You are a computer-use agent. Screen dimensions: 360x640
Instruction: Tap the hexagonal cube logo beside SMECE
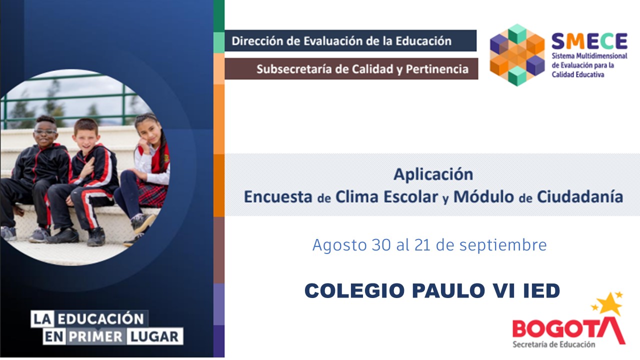point(516,54)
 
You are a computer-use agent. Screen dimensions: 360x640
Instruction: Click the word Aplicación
point(433,174)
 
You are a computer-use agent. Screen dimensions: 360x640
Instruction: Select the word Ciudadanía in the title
point(580,196)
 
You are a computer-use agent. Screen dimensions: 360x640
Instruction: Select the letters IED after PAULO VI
point(542,290)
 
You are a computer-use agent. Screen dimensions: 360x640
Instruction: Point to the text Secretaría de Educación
point(553,344)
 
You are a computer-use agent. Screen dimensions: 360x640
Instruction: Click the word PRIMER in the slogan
point(95,336)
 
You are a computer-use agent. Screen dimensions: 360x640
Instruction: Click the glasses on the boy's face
point(45,131)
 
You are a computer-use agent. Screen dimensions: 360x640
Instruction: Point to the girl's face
point(146,131)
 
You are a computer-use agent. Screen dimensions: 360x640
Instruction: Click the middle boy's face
point(86,135)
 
